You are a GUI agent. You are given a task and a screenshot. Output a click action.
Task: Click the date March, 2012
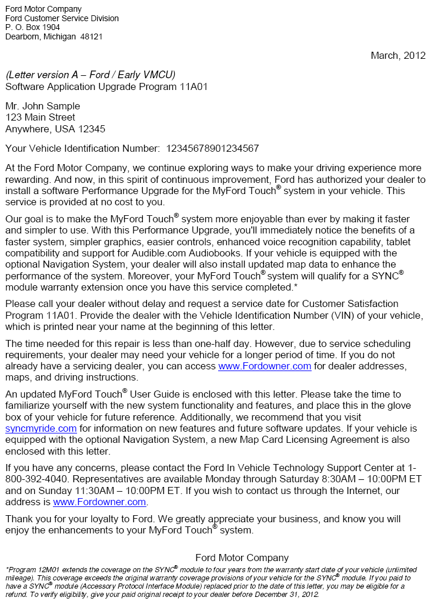[x=397, y=56]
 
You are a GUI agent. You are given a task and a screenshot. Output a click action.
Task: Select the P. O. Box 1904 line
[x=32, y=28]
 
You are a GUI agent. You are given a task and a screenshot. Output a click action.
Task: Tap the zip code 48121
[x=91, y=36]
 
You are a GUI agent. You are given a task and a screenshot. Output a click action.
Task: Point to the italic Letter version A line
[x=90, y=74]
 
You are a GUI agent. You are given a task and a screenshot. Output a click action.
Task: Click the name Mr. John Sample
[x=42, y=106]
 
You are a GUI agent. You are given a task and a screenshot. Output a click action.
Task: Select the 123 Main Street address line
[x=40, y=118]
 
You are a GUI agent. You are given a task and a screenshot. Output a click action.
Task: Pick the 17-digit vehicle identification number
[x=212, y=149]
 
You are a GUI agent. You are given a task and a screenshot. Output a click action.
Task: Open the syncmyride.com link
[x=41, y=429]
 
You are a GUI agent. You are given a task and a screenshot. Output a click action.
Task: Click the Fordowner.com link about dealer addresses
[x=265, y=366]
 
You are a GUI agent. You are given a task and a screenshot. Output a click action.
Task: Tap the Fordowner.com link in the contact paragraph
[x=99, y=502]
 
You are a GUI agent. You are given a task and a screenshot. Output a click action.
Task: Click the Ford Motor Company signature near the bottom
[x=242, y=558]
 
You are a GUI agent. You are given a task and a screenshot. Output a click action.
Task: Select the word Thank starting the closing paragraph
[x=19, y=519]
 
